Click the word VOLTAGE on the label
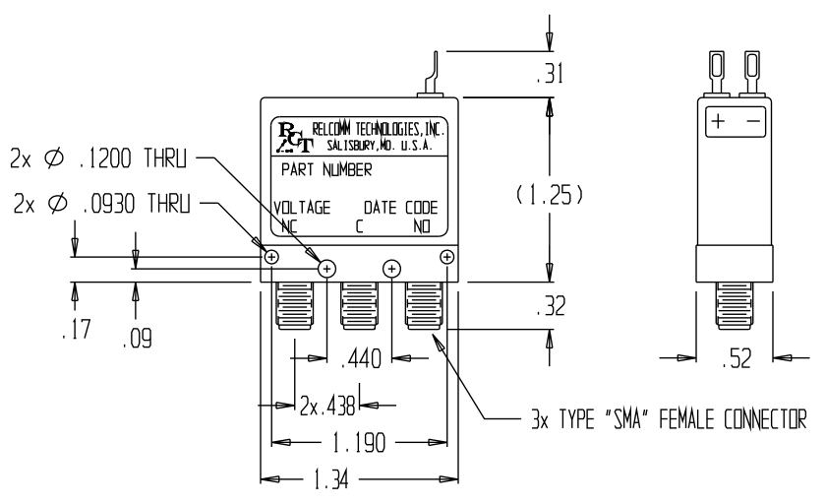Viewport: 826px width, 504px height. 302,208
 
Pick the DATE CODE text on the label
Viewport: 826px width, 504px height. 400,208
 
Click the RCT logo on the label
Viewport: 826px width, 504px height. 292,135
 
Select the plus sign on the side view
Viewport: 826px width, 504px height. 719,122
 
